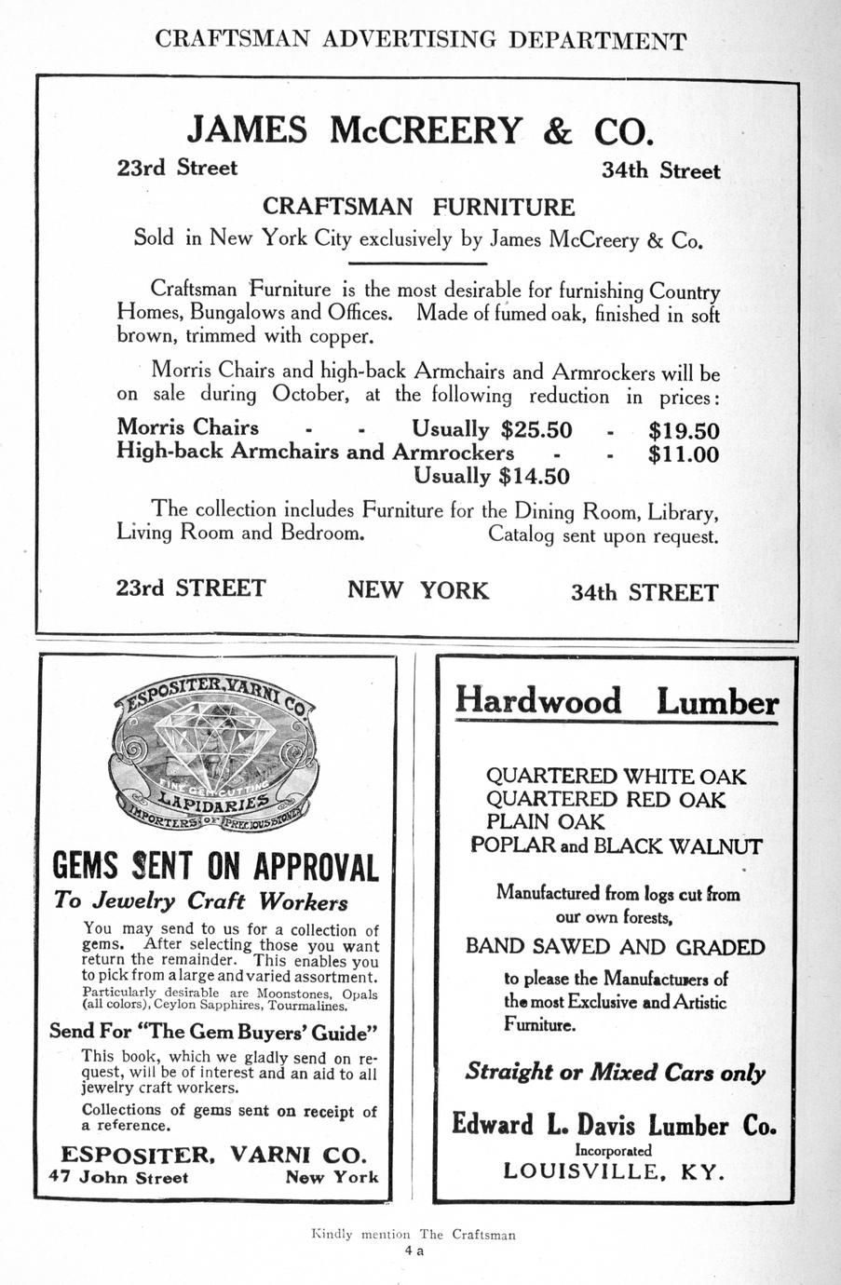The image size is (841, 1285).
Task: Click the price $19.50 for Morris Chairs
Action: click(x=684, y=431)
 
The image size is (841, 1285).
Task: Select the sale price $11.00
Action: click(x=684, y=455)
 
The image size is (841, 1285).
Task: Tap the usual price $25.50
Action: click(x=536, y=429)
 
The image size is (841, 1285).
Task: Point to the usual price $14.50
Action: click(x=535, y=477)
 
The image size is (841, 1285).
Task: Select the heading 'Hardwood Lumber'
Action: click(x=616, y=701)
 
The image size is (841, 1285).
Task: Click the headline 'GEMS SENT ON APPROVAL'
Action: click(x=216, y=866)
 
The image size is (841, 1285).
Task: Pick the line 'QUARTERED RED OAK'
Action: click(x=605, y=799)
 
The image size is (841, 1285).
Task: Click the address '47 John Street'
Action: click(x=118, y=1177)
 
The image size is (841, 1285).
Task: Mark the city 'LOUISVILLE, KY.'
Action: click(x=614, y=1171)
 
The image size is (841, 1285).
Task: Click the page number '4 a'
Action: click(x=414, y=1251)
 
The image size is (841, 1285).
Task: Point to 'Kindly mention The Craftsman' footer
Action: click(x=414, y=1235)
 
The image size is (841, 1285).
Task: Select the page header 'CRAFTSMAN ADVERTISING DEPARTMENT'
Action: click(x=420, y=40)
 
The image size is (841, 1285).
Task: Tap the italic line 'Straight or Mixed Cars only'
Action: click(x=615, y=1072)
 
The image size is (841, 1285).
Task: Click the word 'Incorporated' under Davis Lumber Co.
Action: click(x=613, y=1150)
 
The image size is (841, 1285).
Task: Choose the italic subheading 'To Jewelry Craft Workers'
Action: click(x=201, y=901)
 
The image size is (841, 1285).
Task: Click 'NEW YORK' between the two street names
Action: click(x=418, y=590)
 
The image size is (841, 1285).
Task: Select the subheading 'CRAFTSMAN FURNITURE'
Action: click(x=418, y=207)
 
